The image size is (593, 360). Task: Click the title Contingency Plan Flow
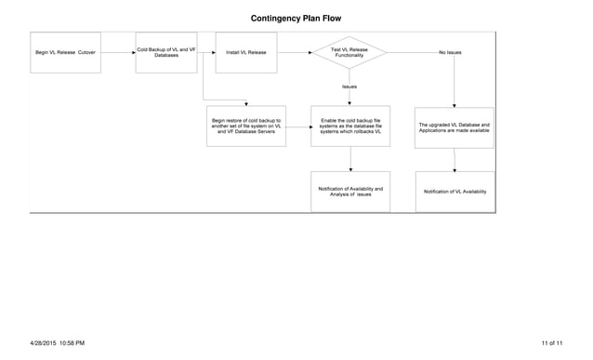pos(296,18)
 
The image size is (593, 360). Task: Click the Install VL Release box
pos(246,52)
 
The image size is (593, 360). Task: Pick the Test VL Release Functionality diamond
pos(349,52)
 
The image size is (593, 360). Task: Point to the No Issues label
pos(450,52)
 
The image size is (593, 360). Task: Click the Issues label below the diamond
pos(349,87)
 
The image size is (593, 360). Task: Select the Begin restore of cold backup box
pos(246,127)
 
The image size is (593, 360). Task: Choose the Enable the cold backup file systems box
pos(350,127)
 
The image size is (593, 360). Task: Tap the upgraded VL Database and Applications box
pos(455,127)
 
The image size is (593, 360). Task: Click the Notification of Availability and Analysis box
pos(350,192)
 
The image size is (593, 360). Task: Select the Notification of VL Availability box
pos(455,192)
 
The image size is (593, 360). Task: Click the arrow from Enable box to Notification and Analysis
pos(350,159)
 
